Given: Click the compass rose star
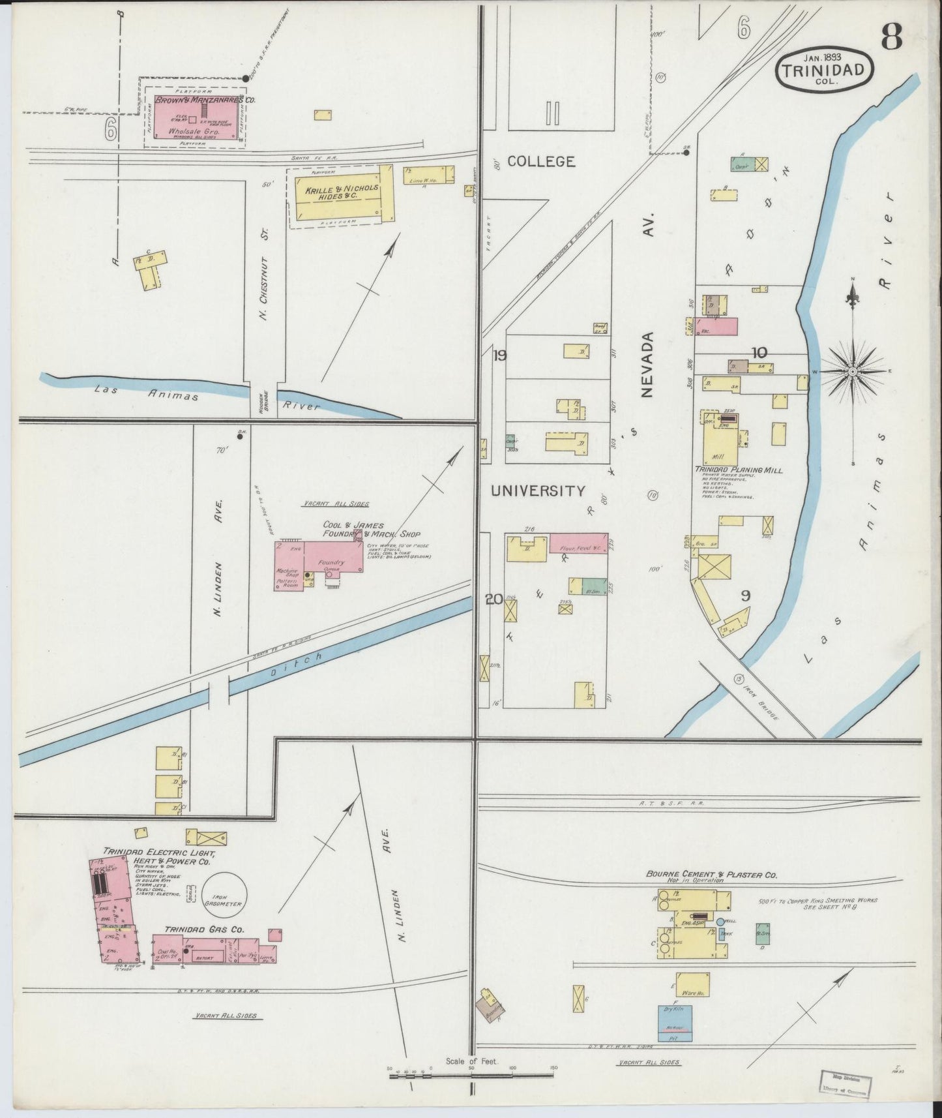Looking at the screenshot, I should [x=852, y=371].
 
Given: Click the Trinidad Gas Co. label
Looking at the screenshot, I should [x=204, y=929].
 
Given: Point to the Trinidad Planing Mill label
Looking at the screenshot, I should [x=739, y=470].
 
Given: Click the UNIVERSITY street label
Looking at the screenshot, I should [x=538, y=491].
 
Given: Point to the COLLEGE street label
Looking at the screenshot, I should [x=541, y=161].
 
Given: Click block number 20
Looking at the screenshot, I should [x=493, y=598].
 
